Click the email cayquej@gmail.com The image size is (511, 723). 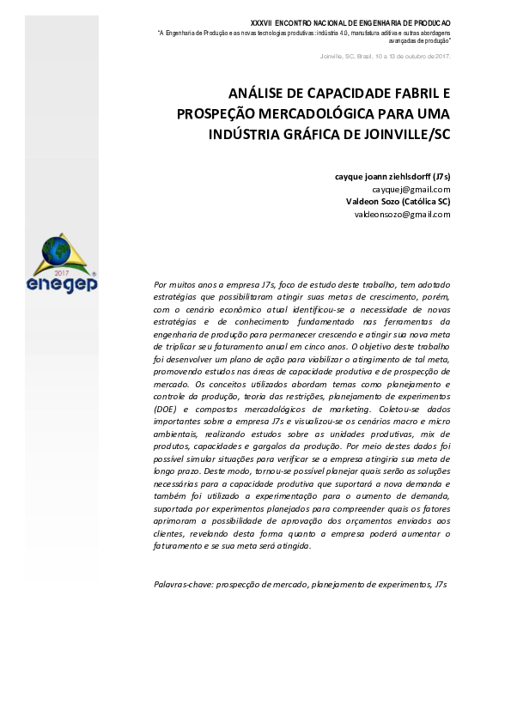click(x=411, y=189)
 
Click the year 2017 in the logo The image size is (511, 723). click(x=61, y=270)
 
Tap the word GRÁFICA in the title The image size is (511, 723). click(x=313, y=134)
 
